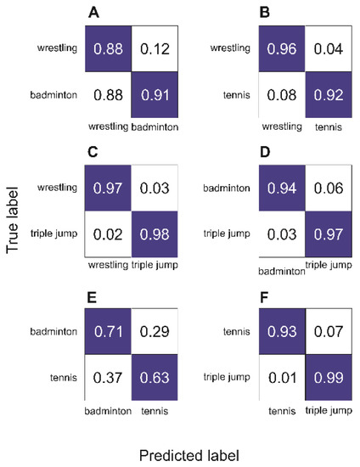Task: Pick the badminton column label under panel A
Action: coord(155,127)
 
